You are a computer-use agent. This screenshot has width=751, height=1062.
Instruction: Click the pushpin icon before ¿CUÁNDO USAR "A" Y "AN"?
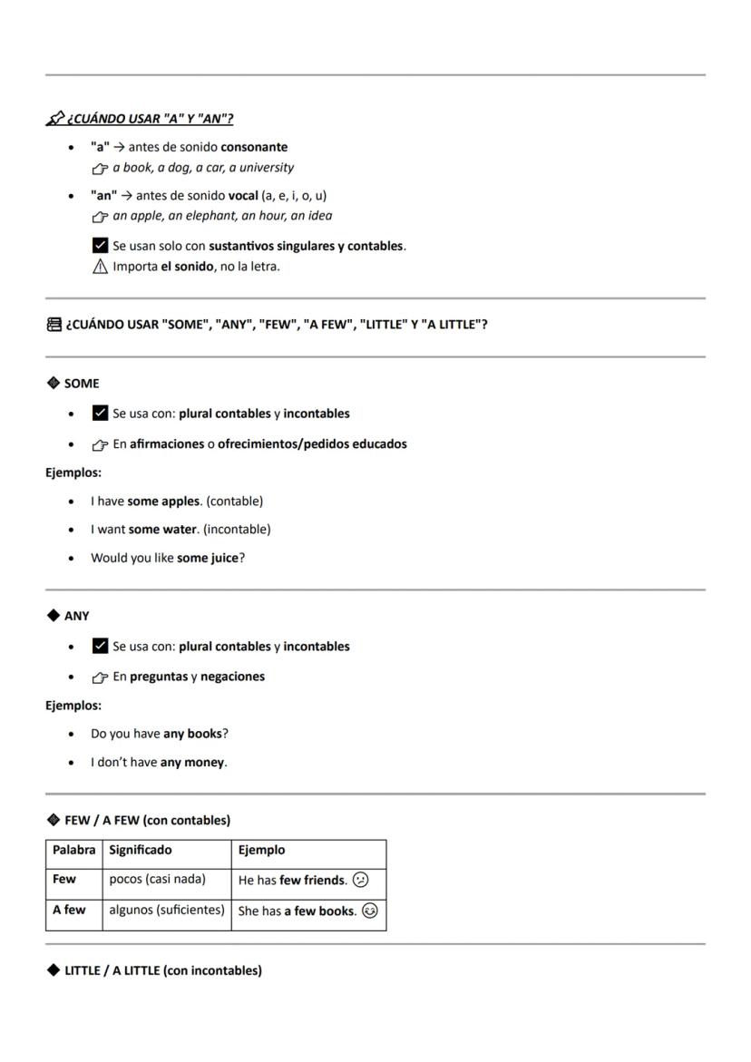coord(55,118)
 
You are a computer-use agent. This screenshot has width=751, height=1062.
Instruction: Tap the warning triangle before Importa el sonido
coord(100,267)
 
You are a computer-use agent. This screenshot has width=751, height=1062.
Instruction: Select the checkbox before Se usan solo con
coord(100,246)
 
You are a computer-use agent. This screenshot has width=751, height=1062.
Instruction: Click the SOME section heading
coord(81,384)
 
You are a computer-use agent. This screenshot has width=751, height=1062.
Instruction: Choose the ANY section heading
coord(76,616)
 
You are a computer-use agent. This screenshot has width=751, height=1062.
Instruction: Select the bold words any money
coord(192,763)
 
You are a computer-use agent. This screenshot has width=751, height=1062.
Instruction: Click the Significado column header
coord(140,851)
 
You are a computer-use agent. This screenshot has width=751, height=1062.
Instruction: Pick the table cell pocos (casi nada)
coord(157,880)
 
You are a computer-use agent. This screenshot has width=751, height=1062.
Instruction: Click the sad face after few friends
coord(361,880)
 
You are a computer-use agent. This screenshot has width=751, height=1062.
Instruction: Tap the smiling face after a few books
coord(369,911)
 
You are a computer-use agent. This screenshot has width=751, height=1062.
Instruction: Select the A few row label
coord(69,910)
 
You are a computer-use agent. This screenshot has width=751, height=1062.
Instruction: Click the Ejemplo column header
coord(261,851)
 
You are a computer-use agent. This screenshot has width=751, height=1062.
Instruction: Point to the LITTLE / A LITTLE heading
coord(162,971)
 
